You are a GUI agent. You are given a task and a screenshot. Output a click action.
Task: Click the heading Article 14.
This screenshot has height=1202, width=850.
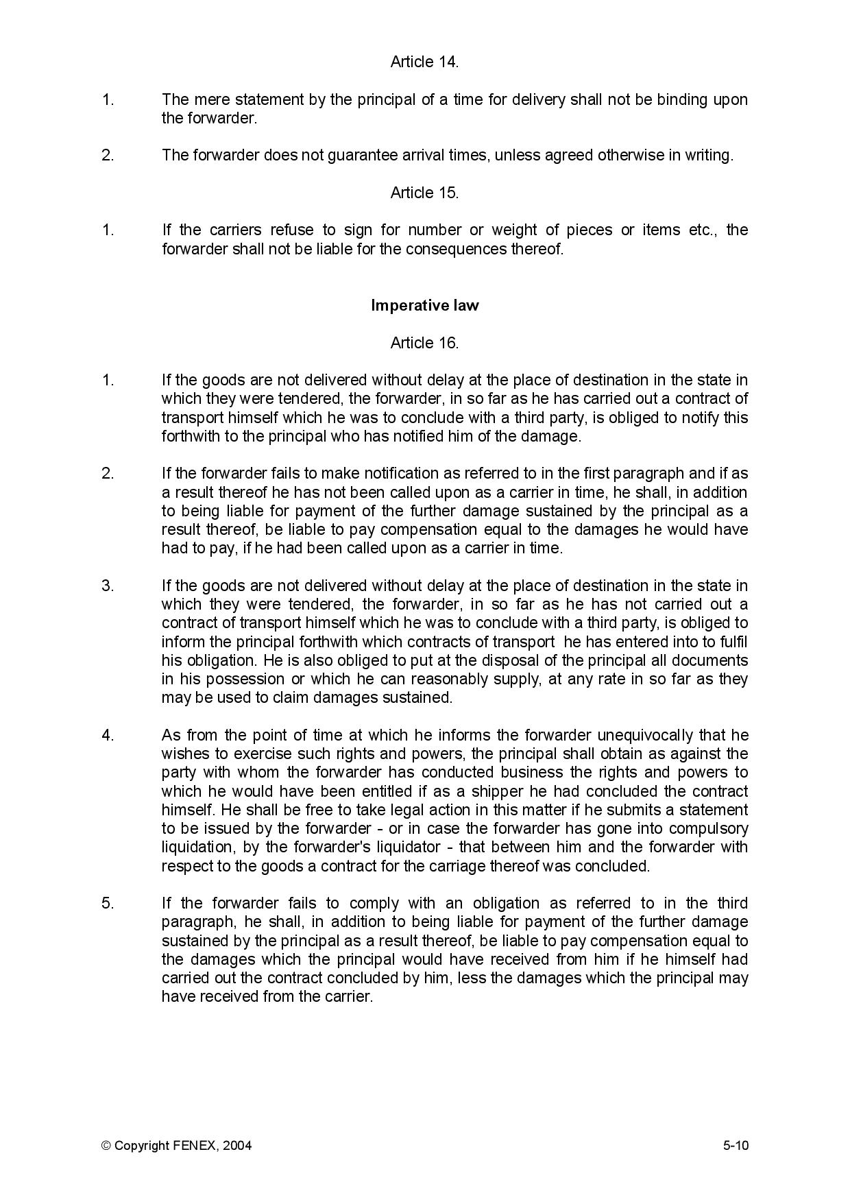(x=424, y=62)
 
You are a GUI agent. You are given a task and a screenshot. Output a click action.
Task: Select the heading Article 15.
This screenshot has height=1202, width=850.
(x=424, y=193)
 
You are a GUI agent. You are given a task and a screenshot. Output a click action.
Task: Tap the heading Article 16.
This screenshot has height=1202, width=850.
(x=424, y=343)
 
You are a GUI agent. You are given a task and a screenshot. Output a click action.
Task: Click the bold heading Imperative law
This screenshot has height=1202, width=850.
(x=424, y=305)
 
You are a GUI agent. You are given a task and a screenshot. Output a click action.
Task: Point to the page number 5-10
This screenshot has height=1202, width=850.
(x=735, y=1145)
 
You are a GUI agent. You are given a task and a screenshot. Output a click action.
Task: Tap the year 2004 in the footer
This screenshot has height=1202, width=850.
(x=237, y=1145)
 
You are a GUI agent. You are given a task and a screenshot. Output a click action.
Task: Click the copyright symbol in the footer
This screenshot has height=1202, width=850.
(x=106, y=1145)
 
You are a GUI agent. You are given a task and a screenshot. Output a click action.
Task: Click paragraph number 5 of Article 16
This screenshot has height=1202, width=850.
(x=108, y=903)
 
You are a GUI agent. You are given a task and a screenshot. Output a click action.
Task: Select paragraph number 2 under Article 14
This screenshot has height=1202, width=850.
(x=108, y=156)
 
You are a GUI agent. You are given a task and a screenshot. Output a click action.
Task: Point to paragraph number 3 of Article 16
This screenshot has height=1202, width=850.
(x=108, y=586)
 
